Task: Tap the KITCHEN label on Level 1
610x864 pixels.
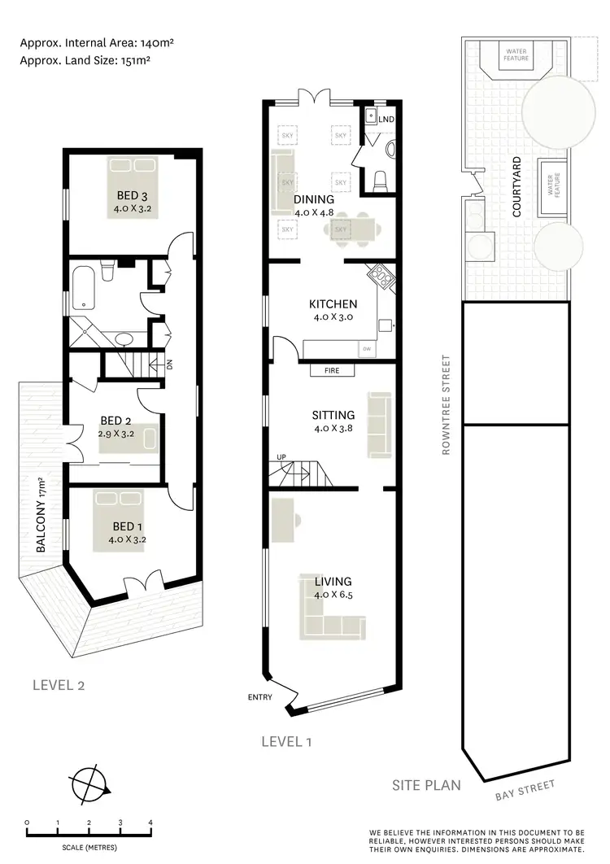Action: (x=333, y=303)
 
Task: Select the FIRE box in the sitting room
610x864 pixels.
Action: (x=333, y=370)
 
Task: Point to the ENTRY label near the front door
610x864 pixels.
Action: (x=260, y=697)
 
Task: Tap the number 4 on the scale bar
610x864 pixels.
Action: (x=150, y=823)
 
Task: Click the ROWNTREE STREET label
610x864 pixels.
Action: (x=447, y=404)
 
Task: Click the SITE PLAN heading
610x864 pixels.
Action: (x=426, y=785)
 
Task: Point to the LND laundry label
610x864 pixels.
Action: (x=386, y=120)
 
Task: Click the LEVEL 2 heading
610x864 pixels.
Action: (x=59, y=684)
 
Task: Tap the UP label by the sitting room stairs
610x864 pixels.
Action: (x=281, y=456)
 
